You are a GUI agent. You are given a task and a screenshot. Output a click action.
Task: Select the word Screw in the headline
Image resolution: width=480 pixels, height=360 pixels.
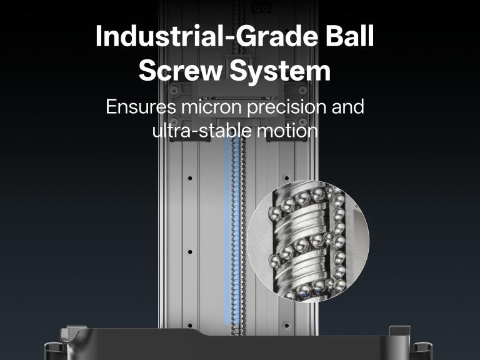pyautogui.click(x=180, y=71)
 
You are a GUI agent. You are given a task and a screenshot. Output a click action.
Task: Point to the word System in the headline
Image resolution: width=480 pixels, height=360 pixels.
pyautogui.click(x=280, y=72)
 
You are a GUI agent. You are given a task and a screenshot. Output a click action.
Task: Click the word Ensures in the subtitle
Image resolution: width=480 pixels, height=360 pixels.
pyautogui.click(x=141, y=107)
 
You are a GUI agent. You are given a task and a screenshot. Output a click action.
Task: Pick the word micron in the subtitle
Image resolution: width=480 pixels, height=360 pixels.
pyautogui.click(x=211, y=107)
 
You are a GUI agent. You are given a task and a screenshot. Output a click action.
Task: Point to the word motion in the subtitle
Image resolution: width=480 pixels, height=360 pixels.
pyautogui.click(x=286, y=131)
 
